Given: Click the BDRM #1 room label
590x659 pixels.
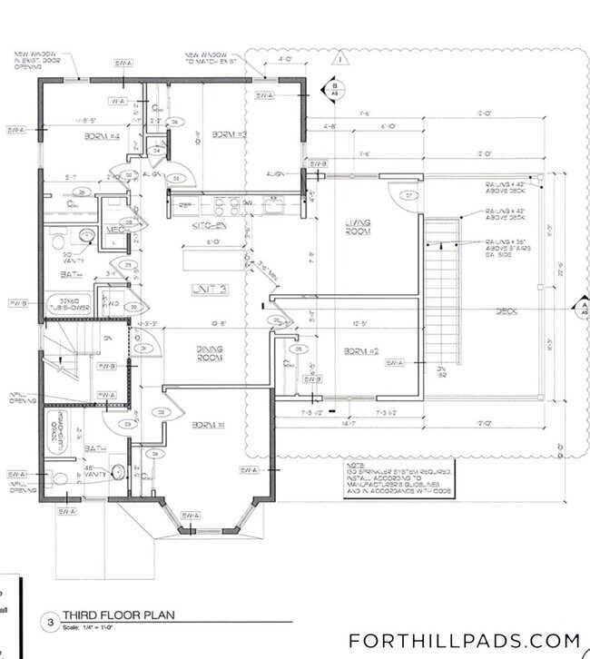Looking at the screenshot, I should [208, 424].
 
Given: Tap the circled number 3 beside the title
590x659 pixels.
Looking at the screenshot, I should [54, 623].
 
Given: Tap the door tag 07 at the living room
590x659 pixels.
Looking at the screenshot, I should [408, 195].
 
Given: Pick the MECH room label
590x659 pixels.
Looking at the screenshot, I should [115, 230].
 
